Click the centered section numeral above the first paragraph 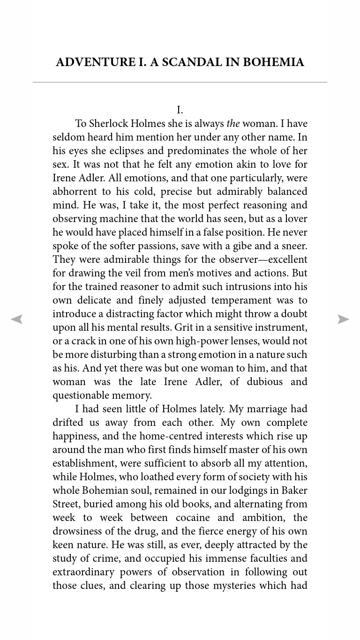[x=180, y=110]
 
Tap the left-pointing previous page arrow [x=17, y=320]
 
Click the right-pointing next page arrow [x=343, y=320]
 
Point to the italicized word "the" [x=233, y=124]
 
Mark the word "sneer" [x=293, y=246]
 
